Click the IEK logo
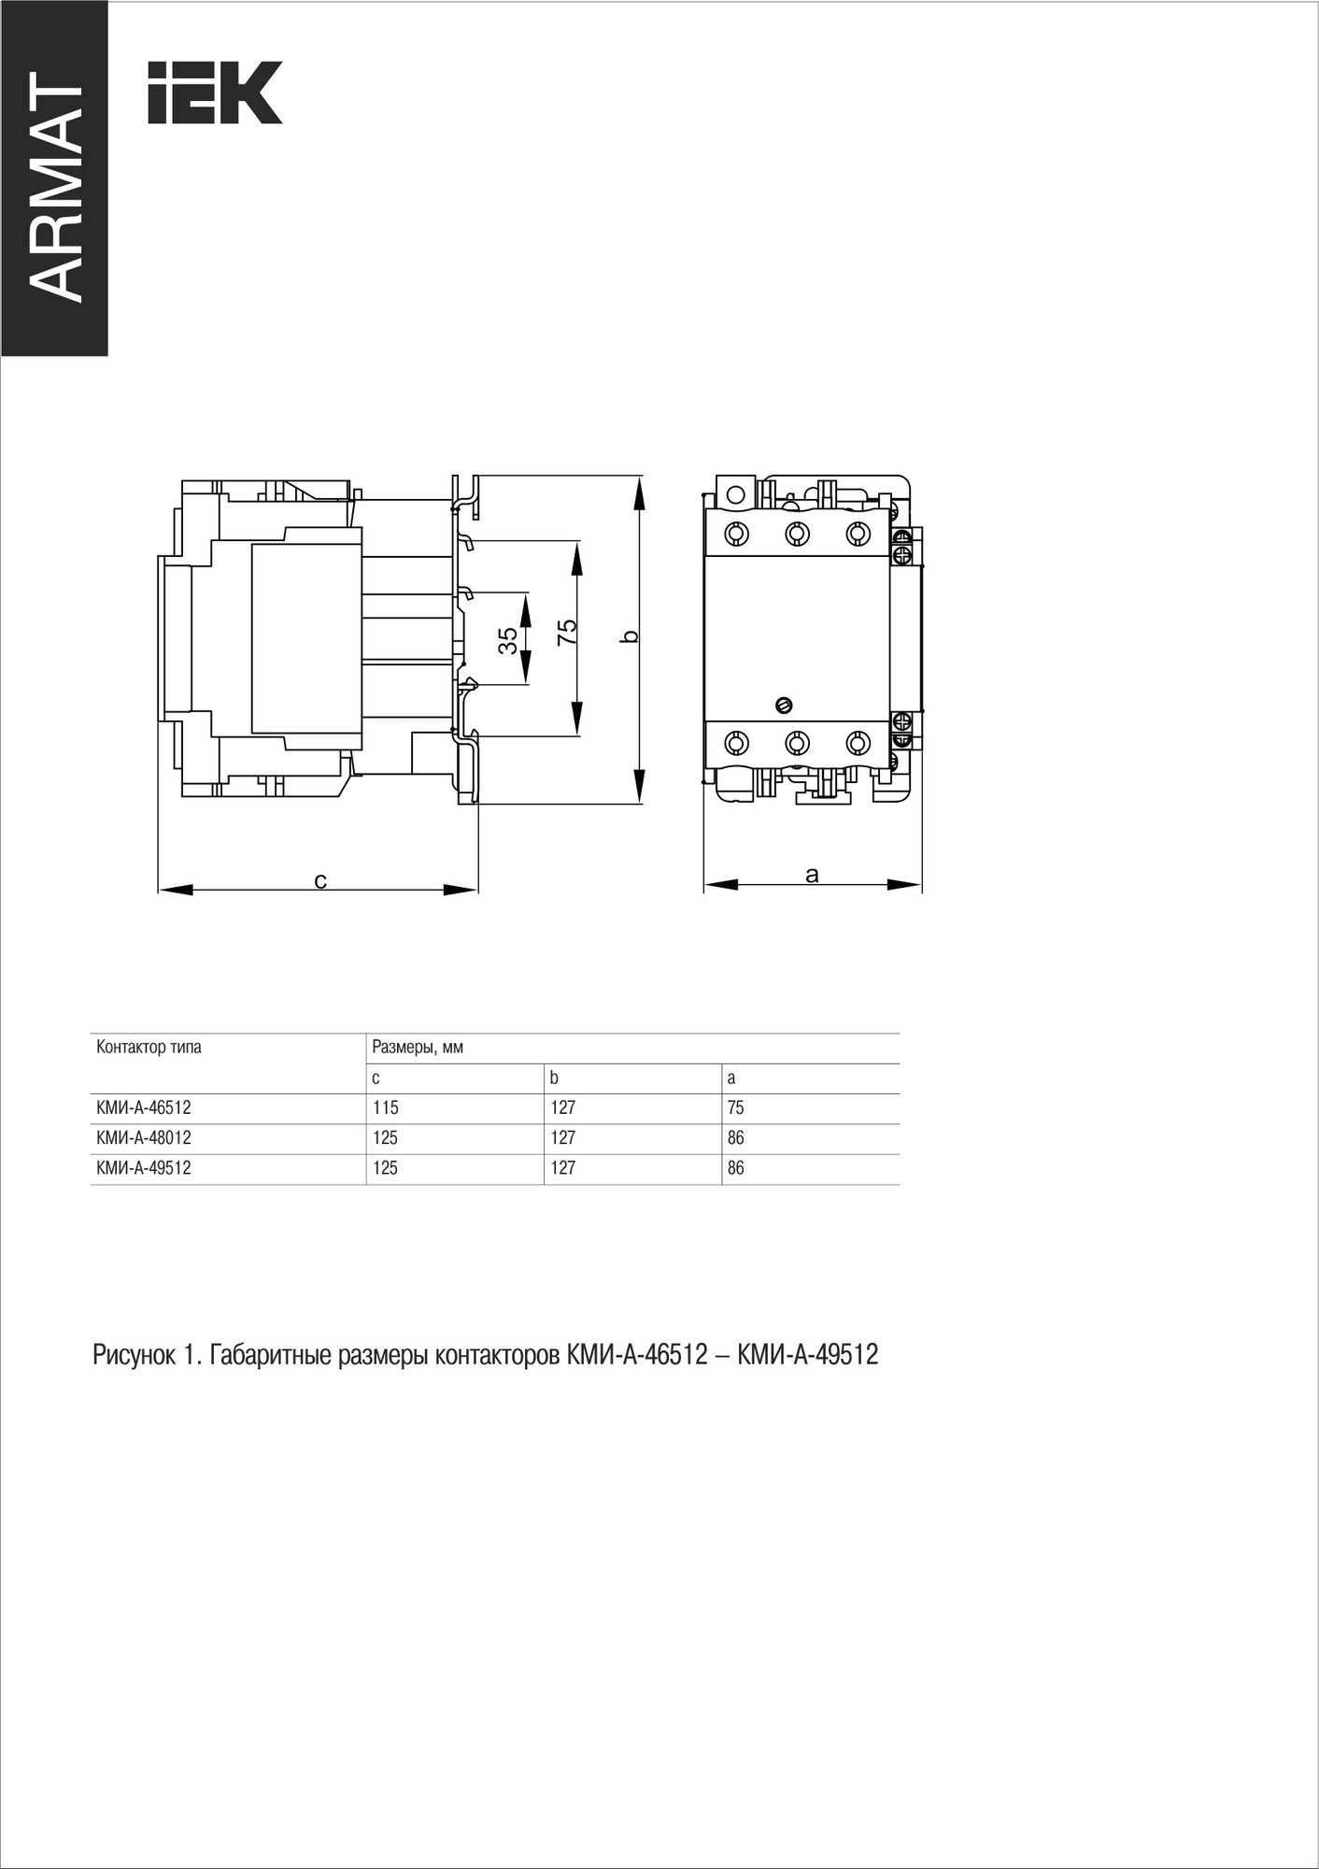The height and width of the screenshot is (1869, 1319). [x=215, y=93]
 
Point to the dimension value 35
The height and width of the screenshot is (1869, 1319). [x=507, y=639]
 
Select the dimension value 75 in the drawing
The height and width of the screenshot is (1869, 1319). [x=567, y=633]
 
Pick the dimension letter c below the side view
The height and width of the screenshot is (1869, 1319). [x=319, y=880]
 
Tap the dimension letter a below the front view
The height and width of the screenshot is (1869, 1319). [x=812, y=875]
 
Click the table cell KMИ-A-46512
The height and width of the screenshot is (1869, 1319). [x=144, y=1107]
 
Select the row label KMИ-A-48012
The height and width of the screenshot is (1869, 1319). [x=144, y=1137]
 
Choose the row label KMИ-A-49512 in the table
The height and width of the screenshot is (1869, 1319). [x=144, y=1167]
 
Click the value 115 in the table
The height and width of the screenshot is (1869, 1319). [x=385, y=1107]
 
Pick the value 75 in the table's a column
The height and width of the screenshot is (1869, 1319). [x=736, y=1107]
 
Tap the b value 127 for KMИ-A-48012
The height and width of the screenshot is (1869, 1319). [x=562, y=1137]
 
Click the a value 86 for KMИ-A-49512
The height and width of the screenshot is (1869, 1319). [x=736, y=1167]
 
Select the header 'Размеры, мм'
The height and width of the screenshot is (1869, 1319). [x=418, y=1048]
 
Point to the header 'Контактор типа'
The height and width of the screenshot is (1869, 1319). [x=149, y=1047]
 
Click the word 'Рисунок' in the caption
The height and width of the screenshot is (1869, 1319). [x=132, y=1354]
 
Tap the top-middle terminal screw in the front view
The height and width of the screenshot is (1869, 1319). [x=797, y=534]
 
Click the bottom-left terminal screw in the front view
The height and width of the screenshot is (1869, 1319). [x=736, y=743]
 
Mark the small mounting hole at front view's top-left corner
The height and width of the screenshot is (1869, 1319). [x=734, y=493]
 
